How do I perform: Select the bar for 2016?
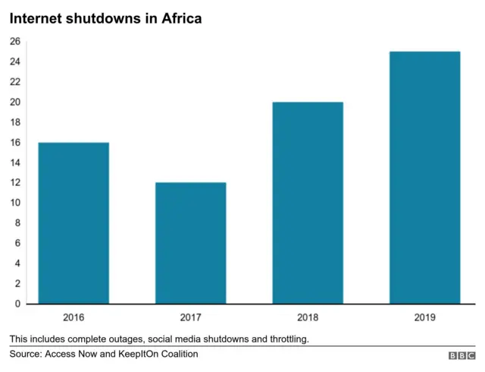[74, 223]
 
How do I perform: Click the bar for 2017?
[191, 243]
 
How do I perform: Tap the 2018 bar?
[308, 203]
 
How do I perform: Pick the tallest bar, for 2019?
[424, 178]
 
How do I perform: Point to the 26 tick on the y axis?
[15, 42]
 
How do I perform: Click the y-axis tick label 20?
[15, 102]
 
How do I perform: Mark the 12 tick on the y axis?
[15, 183]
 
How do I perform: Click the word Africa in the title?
[178, 17]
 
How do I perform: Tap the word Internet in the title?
[37, 17]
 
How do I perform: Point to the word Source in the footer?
[26, 354]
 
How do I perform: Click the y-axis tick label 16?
[15, 143]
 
